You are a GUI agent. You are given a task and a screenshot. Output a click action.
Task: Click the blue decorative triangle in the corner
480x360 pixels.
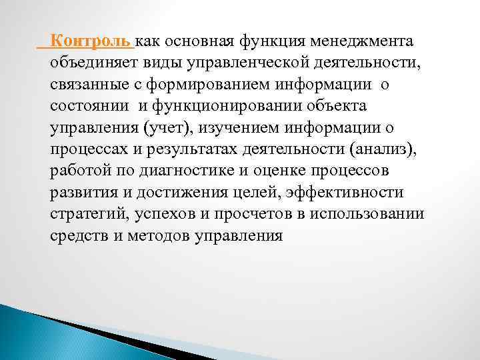[x=40, y=333]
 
